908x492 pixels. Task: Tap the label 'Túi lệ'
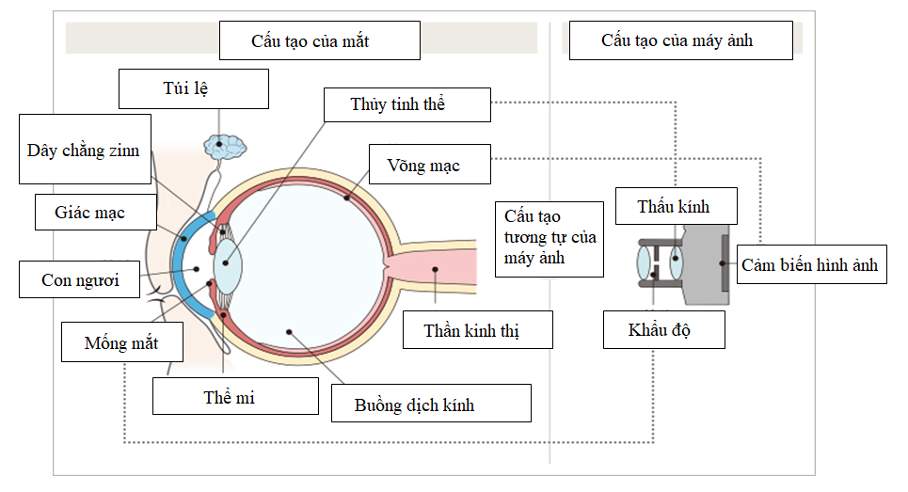click(194, 89)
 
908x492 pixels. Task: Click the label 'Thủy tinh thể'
click(406, 104)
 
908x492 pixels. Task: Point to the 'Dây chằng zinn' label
click(85, 150)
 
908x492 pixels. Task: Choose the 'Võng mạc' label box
click(429, 165)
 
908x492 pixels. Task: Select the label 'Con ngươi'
click(82, 279)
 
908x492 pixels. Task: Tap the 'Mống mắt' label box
click(121, 342)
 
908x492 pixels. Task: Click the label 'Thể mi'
click(235, 396)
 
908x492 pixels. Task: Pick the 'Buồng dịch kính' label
click(431, 405)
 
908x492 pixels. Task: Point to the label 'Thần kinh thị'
click(476, 330)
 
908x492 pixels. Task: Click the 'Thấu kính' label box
click(675, 206)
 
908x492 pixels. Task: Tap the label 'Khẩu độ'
click(664, 330)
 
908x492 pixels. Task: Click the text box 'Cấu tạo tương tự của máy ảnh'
click(550, 239)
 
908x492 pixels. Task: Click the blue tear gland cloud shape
click(225, 146)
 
